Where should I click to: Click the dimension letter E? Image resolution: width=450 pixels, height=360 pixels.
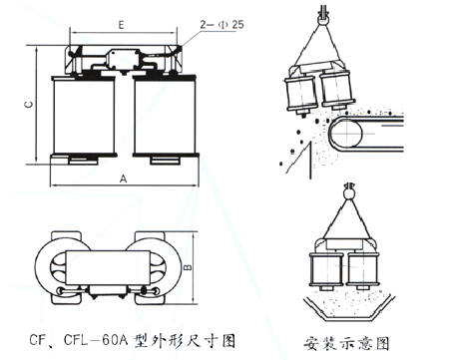[121, 25]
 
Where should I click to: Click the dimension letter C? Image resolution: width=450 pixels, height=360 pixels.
[29, 105]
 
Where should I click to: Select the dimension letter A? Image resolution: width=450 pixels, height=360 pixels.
[123, 179]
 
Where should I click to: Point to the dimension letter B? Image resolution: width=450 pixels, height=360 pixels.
[189, 267]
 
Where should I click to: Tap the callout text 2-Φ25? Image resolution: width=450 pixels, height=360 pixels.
[222, 25]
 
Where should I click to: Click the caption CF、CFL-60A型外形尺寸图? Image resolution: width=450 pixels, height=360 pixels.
[133, 340]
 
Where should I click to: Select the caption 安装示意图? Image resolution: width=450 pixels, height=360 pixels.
[346, 343]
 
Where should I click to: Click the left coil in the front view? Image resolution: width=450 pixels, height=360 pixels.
[84, 116]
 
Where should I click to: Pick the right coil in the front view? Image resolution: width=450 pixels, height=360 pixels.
[165, 116]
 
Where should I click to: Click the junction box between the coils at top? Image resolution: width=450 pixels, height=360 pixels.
[123, 60]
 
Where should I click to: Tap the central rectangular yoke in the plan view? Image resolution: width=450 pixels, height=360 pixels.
[108, 267]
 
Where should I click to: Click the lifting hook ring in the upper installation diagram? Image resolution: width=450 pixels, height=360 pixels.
[323, 19]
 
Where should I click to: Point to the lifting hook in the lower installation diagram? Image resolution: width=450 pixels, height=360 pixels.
[348, 192]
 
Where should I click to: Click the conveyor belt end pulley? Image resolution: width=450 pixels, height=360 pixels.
[346, 134]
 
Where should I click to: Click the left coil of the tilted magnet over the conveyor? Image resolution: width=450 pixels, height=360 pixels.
[300, 94]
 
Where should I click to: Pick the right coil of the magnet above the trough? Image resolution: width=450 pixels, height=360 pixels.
[362, 269]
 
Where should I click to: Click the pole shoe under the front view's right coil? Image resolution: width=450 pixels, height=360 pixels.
[166, 161]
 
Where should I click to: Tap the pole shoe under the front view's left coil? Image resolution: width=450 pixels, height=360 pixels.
[84, 161]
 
